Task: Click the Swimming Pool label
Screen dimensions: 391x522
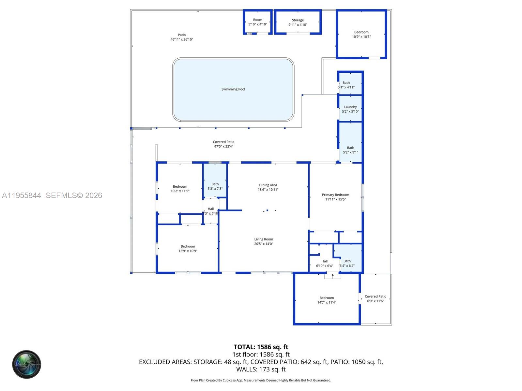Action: [x=233, y=89]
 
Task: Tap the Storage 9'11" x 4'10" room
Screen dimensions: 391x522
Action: [x=298, y=22]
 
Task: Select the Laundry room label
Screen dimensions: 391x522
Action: [x=350, y=107]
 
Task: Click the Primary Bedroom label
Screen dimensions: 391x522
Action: [x=335, y=195]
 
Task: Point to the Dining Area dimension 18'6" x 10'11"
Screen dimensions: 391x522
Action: [x=268, y=190]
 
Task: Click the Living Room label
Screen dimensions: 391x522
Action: [x=264, y=239]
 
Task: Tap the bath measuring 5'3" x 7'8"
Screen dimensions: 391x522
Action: [x=215, y=186]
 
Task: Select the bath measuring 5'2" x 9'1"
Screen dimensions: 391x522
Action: [x=350, y=150]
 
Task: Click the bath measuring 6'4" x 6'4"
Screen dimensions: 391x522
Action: [x=347, y=263]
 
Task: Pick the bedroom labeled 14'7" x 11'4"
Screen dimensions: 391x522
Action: [x=327, y=300]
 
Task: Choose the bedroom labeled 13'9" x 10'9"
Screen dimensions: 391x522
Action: [x=188, y=249]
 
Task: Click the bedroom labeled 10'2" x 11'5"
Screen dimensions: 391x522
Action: [x=180, y=189]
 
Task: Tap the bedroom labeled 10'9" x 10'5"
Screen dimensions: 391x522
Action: [x=361, y=34]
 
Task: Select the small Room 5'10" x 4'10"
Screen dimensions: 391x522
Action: [x=257, y=22]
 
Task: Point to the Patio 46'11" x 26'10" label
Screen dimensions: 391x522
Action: [x=182, y=37]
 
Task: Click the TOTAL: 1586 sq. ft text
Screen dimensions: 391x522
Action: [x=261, y=347]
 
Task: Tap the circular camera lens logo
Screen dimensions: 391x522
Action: [x=27, y=364]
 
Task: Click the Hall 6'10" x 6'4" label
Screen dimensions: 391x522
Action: [x=324, y=263]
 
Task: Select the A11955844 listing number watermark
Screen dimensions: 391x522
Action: [x=22, y=195]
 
